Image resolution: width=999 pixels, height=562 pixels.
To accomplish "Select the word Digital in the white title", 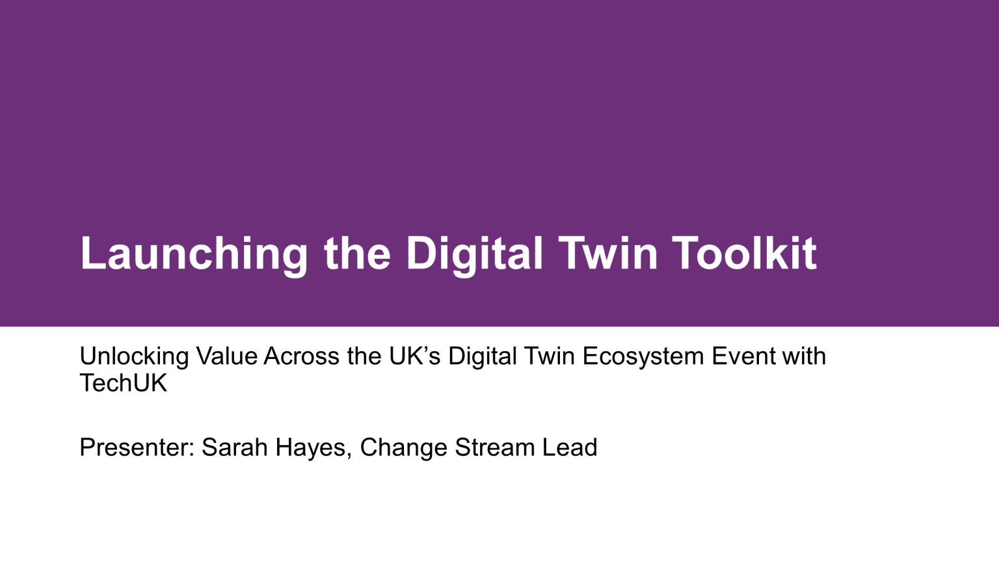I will point(474,254).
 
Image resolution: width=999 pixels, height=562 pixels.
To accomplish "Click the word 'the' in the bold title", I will point(357,254).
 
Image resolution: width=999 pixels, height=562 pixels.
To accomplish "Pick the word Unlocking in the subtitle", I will point(135,356).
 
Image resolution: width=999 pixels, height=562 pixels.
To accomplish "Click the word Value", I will point(227,356).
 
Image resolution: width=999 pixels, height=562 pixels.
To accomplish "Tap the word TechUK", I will point(124,383).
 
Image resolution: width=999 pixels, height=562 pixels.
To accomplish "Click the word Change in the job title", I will point(403,448).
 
